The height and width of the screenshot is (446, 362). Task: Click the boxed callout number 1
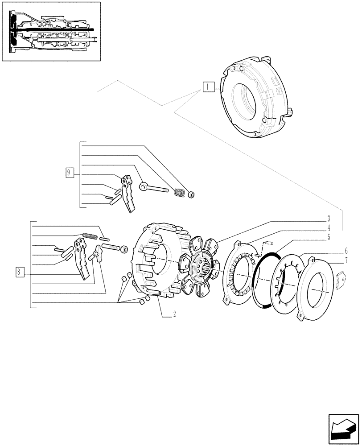(x=208, y=87)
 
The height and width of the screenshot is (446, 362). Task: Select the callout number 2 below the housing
(x=174, y=314)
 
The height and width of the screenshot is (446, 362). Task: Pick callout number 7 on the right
(x=346, y=260)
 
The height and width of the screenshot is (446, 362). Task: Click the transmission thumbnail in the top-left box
(x=51, y=31)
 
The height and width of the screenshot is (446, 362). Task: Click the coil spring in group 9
(x=179, y=193)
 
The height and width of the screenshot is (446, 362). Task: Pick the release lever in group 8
(x=83, y=258)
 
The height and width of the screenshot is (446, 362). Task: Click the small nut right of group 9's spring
(x=191, y=194)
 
